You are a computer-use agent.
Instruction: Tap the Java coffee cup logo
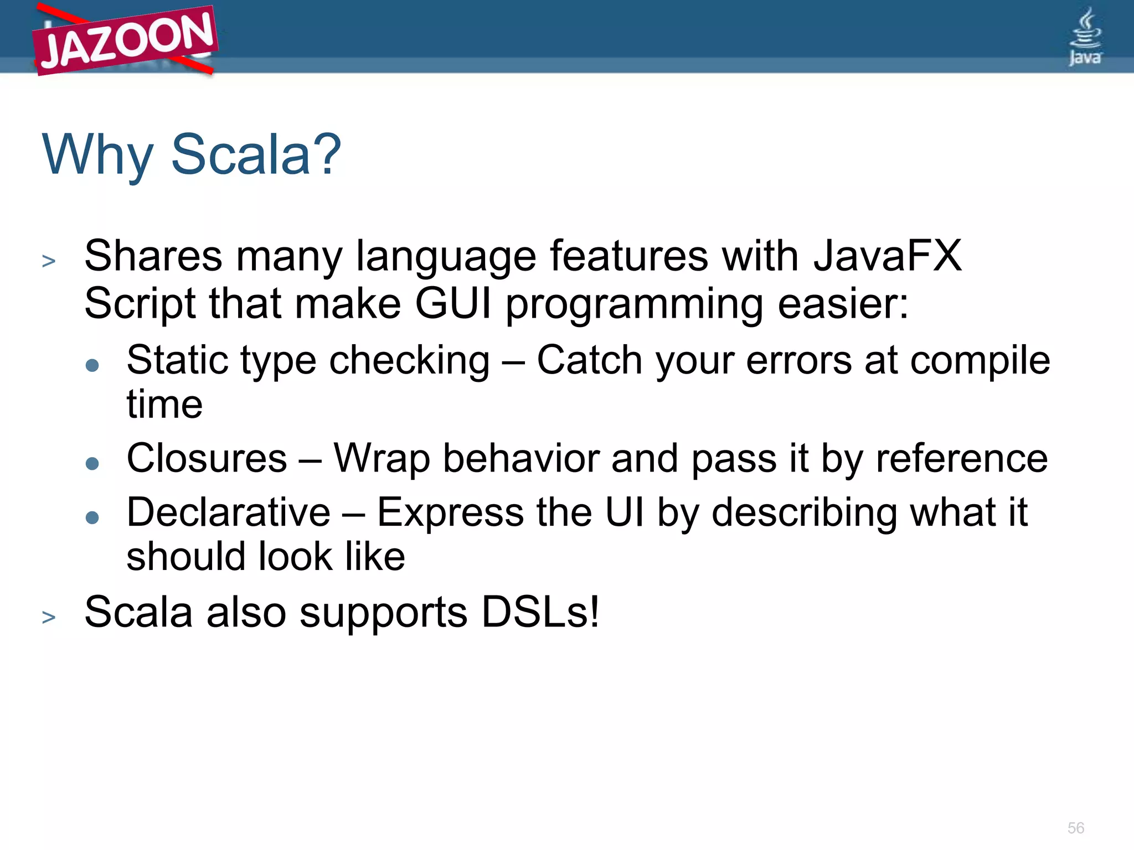coord(1085,37)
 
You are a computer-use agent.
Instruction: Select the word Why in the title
coord(97,156)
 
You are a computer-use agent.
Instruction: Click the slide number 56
coord(1075,828)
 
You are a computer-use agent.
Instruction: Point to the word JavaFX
coord(887,256)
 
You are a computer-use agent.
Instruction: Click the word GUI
coord(453,304)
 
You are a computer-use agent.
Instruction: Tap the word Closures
coord(207,459)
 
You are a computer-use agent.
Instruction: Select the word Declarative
coord(228,512)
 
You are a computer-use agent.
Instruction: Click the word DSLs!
coord(540,612)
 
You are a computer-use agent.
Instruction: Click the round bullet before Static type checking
coord(92,365)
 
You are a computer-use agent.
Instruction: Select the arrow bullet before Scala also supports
coord(49,616)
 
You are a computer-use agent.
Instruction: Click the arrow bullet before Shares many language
coord(49,261)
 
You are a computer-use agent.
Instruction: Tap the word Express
coord(450,512)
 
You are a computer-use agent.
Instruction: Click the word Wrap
coord(382,459)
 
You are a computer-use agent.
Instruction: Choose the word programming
coord(635,305)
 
